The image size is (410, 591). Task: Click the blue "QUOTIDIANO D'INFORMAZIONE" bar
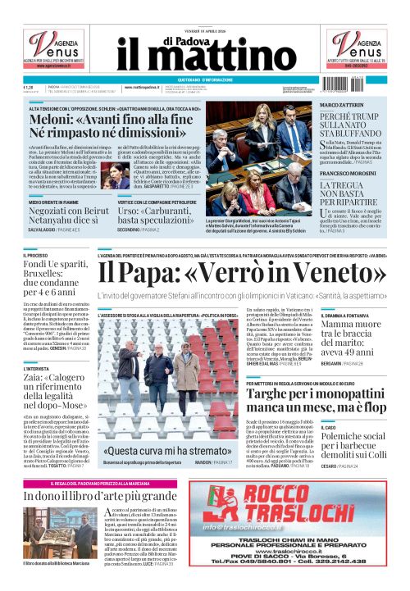pyautogui.click(x=205, y=80)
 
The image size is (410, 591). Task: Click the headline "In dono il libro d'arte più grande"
pyautogui.click(x=101, y=495)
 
